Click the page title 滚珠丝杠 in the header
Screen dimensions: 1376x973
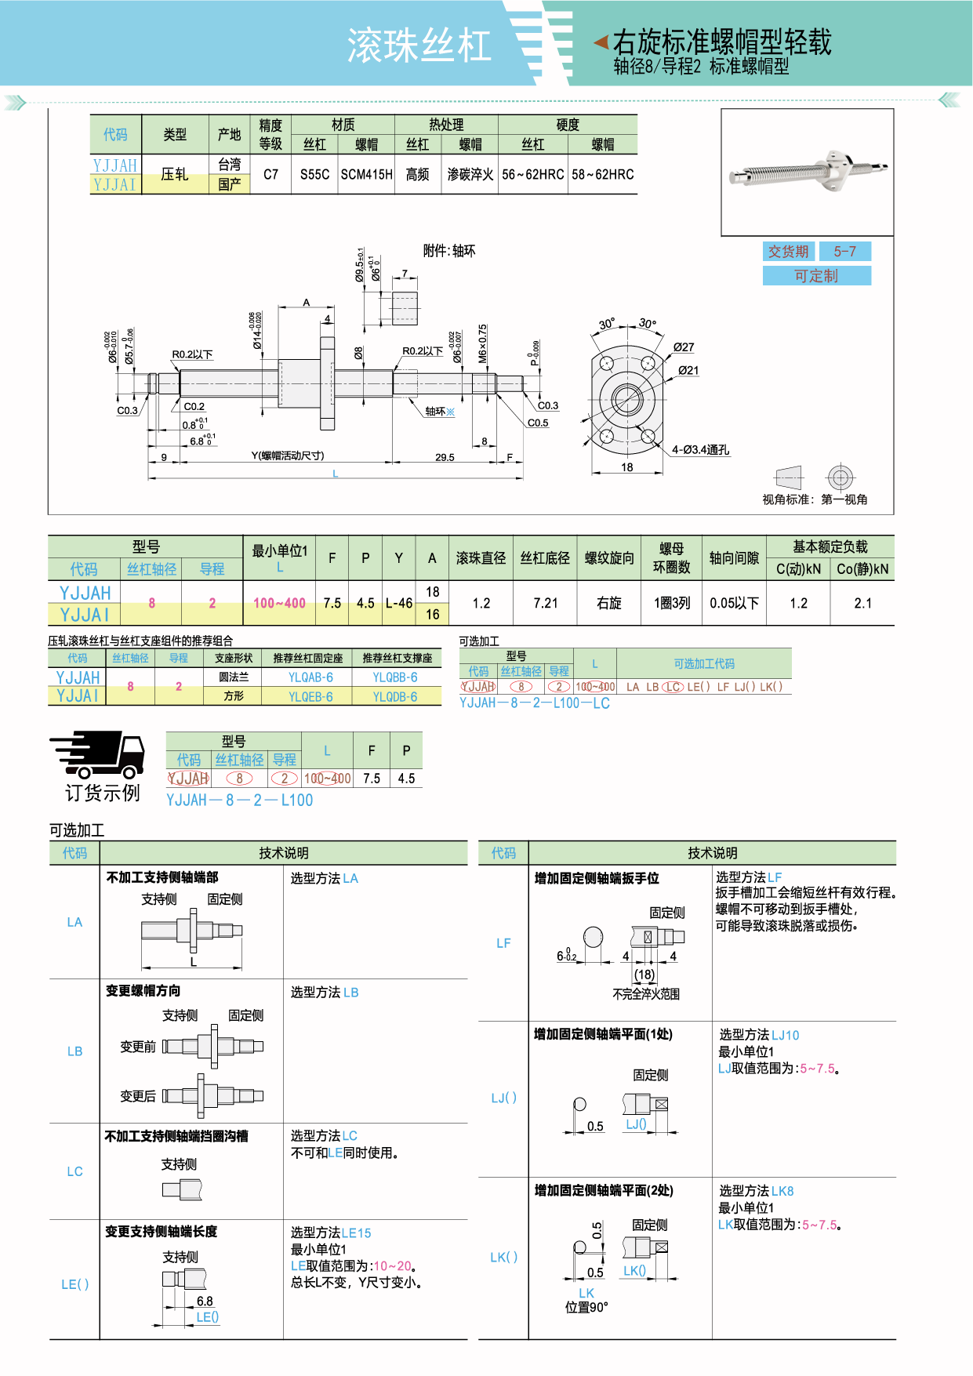pos(419,45)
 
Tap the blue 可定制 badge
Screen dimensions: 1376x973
pos(816,276)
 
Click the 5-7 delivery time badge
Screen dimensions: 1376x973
pos(844,252)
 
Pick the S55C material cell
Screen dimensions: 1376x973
pos(314,175)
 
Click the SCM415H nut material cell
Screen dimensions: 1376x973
pos(366,175)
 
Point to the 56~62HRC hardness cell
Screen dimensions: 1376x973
pos(533,175)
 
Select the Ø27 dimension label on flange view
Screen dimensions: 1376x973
pos(684,347)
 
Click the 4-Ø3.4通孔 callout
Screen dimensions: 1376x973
pos(700,450)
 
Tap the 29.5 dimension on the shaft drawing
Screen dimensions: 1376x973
pos(445,457)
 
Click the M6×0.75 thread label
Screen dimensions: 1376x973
pos(483,343)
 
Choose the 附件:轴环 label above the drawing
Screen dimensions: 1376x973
pos(449,251)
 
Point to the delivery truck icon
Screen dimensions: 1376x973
pos(97,754)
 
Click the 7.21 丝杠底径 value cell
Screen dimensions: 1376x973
pos(545,603)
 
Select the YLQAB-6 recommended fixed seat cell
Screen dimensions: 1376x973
pos(310,677)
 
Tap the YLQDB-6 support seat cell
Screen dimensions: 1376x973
pos(395,697)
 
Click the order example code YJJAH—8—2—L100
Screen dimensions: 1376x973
pos(239,801)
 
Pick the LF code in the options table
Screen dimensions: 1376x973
pos(503,943)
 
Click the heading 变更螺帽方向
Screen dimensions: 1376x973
pos(143,991)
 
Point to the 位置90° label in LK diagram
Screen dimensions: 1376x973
pos(586,1307)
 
